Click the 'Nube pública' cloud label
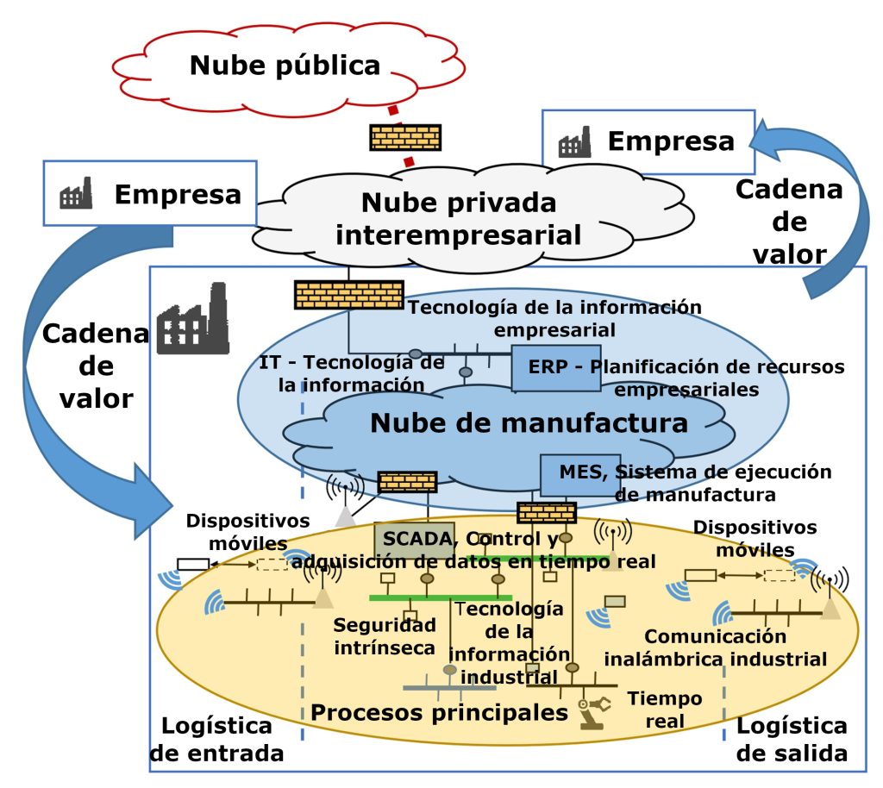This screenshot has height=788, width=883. pos(285,66)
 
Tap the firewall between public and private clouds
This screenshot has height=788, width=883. pos(405,137)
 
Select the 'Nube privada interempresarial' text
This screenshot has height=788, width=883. pos(458,218)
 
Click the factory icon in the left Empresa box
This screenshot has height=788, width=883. pos(76,195)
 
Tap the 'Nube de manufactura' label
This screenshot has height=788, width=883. pos(529,423)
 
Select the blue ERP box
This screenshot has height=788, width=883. pos(543,368)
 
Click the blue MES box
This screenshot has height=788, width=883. pos(579,474)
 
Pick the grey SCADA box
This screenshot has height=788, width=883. pos(413,541)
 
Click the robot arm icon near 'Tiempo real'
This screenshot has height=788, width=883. pos(595,712)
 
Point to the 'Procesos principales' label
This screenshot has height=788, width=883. pos(439,712)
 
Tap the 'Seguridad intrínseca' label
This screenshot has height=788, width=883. pos(385,636)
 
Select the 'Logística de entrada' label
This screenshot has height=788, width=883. pos(216,739)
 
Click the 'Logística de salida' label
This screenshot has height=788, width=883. pos(792,739)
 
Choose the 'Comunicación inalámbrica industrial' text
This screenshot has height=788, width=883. pos(715,648)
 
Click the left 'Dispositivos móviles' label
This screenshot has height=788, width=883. pos(235,532)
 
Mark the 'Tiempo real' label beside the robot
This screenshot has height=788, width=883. pos(664,710)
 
